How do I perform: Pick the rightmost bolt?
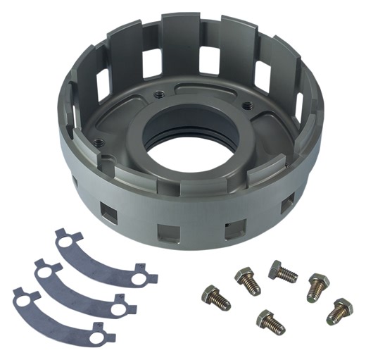(340, 310)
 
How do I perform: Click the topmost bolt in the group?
(282, 272)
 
